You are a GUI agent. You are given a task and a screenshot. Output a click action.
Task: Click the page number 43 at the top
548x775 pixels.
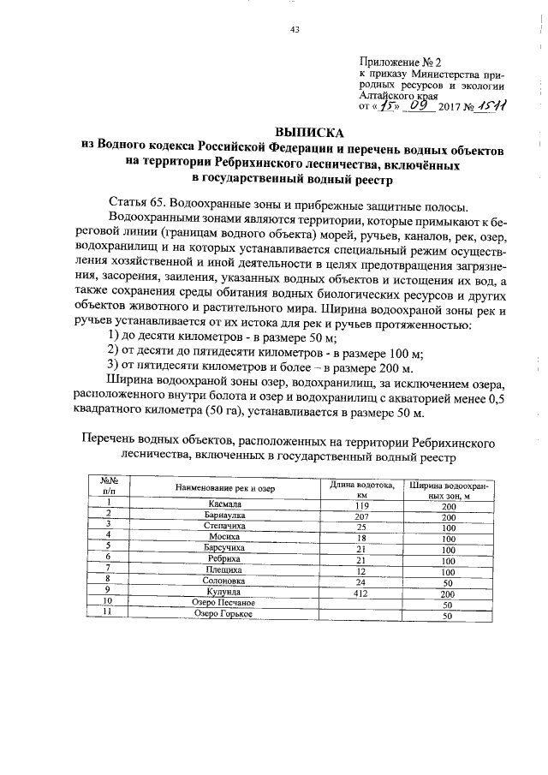coord(295,29)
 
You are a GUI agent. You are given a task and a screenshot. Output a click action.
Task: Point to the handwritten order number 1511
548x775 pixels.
coord(491,107)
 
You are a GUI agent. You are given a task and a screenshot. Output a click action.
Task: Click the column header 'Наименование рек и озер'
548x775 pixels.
coord(226,488)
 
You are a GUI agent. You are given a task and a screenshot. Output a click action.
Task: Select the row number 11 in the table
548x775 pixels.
coord(109,614)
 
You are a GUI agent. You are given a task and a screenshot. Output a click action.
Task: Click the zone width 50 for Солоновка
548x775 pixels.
coord(447,581)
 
